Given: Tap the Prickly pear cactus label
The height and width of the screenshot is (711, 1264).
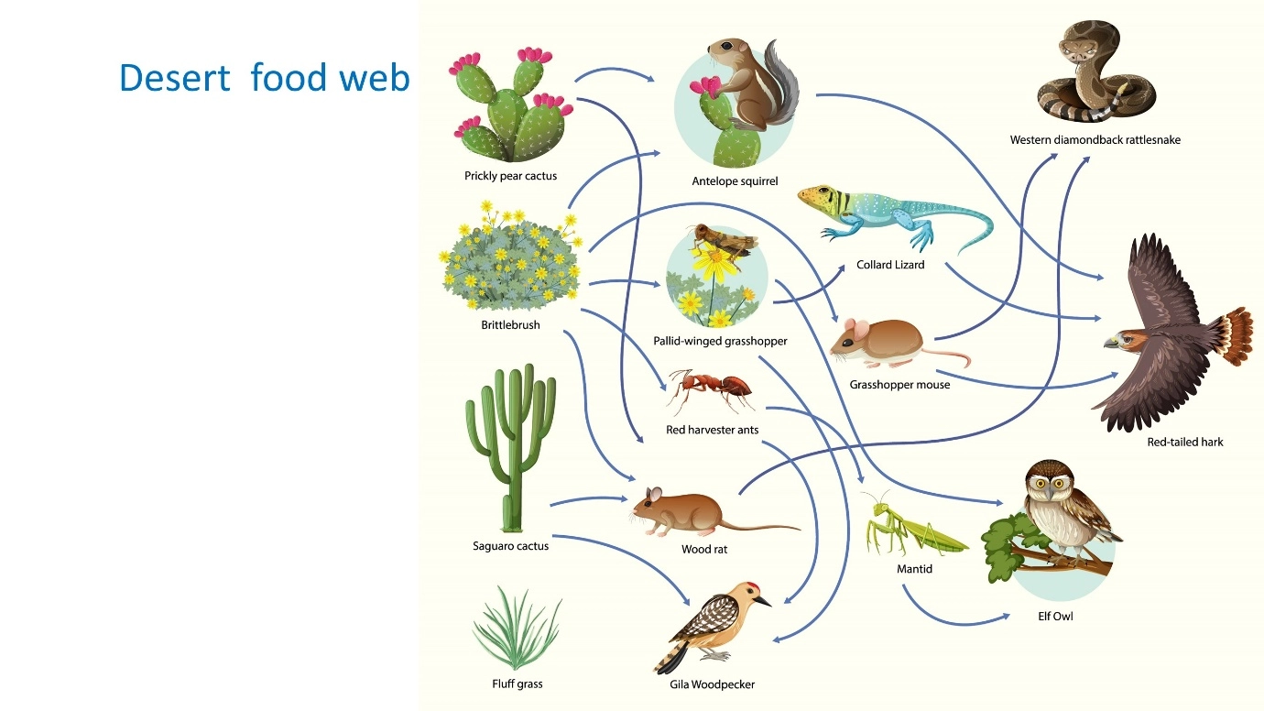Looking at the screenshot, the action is [x=511, y=176].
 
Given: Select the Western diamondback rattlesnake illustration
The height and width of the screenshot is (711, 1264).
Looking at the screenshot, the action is [x=1095, y=71].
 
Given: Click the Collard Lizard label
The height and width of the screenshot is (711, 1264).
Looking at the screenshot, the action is [x=890, y=265].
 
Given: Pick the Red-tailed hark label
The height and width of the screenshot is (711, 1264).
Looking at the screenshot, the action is [x=1185, y=443].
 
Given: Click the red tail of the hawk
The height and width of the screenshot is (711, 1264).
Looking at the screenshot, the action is [x=1234, y=335].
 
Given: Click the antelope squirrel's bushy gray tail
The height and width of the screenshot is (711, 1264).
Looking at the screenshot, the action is [x=782, y=82].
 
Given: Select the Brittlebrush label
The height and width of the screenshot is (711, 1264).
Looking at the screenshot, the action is [x=511, y=325].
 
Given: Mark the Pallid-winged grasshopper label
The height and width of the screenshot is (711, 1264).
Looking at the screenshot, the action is [x=720, y=341].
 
